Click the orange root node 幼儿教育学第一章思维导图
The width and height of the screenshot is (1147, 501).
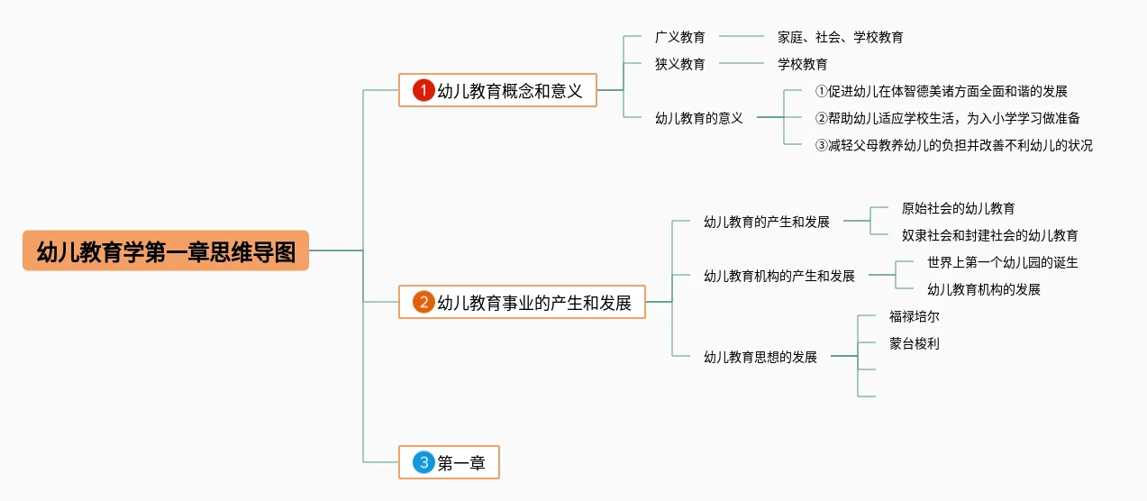166,250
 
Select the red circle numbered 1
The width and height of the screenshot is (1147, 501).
423,90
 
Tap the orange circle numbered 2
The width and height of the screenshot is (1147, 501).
423,302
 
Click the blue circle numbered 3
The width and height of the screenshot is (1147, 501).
423,463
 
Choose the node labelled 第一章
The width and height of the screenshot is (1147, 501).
461,463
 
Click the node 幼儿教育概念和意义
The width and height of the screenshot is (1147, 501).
510,90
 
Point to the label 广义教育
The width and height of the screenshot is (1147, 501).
679,37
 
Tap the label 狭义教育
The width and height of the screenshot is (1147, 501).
679,64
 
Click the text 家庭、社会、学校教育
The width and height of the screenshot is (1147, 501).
840,37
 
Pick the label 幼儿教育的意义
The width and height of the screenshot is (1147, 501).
698,117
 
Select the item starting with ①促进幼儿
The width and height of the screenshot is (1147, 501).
941,91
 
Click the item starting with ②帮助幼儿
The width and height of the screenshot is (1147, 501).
947,118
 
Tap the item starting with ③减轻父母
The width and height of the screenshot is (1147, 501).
953,145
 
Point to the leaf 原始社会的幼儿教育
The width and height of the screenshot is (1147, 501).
958,208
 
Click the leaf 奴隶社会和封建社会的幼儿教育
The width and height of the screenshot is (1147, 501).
989,235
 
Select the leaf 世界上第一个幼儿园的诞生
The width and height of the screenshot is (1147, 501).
1002,262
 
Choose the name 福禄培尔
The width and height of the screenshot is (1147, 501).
914,316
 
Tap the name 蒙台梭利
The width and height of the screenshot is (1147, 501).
914,343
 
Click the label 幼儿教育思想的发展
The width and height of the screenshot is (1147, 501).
760,357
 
